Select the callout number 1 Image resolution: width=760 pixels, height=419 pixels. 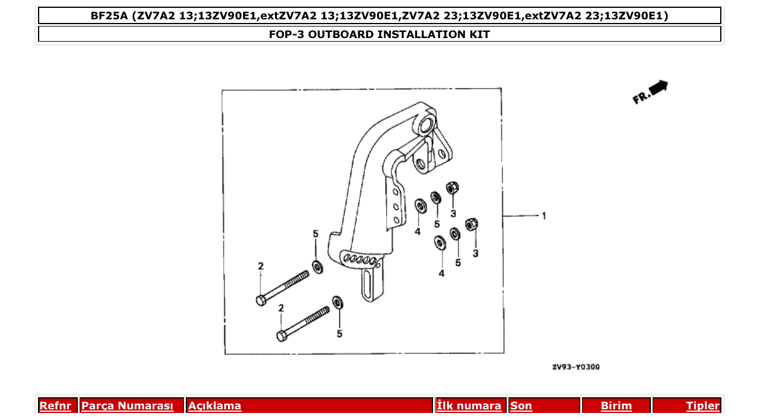click(x=543, y=216)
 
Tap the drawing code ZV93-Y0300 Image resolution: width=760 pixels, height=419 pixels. click(x=575, y=367)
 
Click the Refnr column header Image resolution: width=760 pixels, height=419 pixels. click(x=55, y=406)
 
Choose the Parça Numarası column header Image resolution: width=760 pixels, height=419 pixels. click(x=127, y=406)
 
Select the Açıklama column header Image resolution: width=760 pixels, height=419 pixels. click(x=215, y=406)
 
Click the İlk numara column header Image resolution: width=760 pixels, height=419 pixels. click(x=469, y=406)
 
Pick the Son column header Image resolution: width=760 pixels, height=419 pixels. click(x=521, y=406)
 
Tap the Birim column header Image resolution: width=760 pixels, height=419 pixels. click(x=616, y=406)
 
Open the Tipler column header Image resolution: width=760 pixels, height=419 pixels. click(x=703, y=406)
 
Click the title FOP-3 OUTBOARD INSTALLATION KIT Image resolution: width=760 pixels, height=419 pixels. click(x=379, y=34)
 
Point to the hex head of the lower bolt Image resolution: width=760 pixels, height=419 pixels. click(x=281, y=336)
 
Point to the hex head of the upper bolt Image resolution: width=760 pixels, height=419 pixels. click(x=261, y=300)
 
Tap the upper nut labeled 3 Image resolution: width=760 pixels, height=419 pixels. click(x=451, y=188)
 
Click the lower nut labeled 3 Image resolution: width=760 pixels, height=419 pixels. click(x=472, y=225)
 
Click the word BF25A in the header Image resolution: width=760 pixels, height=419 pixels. click(x=109, y=16)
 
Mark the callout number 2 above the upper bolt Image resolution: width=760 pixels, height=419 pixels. click(x=261, y=266)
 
